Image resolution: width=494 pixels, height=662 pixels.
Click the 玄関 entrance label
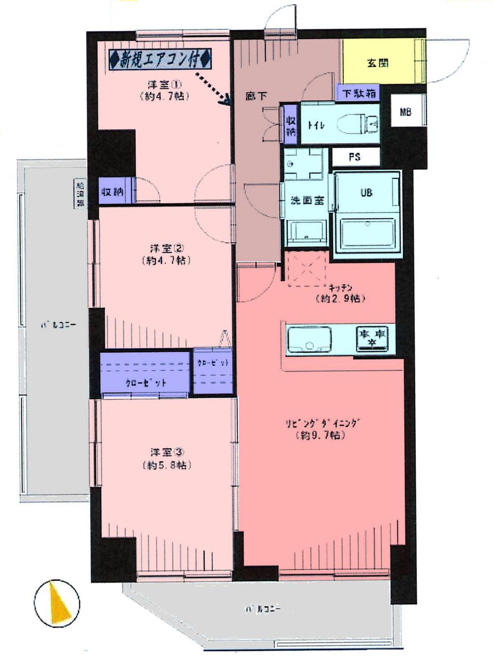(x=378, y=63)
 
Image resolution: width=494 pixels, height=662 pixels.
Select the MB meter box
(x=406, y=112)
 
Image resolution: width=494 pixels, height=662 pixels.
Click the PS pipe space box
(x=355, y=158)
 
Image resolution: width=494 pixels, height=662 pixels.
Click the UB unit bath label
(x=367, y=193)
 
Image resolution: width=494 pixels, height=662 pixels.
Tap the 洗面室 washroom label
(x=307, y=201)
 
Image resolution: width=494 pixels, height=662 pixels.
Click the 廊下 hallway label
(x=256, y=96)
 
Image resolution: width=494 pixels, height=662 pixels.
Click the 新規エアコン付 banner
(x=161, y=60)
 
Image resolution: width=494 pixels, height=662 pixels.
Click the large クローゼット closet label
(x=146, y=382)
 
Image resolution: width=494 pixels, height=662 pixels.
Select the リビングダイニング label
(x=323, y=424)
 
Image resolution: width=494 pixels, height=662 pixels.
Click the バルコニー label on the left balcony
(x=58, y=326)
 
